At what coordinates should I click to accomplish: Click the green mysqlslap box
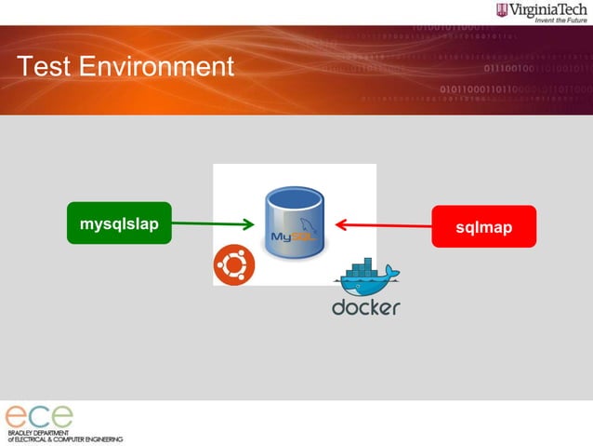point(119,223)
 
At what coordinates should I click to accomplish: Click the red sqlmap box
point(483,226)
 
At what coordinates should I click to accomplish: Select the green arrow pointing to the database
point(209,223)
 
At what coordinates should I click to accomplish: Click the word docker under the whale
point(366,306)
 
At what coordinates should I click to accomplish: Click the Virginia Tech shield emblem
point(503,10)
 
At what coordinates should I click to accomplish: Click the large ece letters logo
point(39,416)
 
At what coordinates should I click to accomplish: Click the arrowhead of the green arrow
point(248,223)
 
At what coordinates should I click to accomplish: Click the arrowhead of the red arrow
point(341,224)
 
